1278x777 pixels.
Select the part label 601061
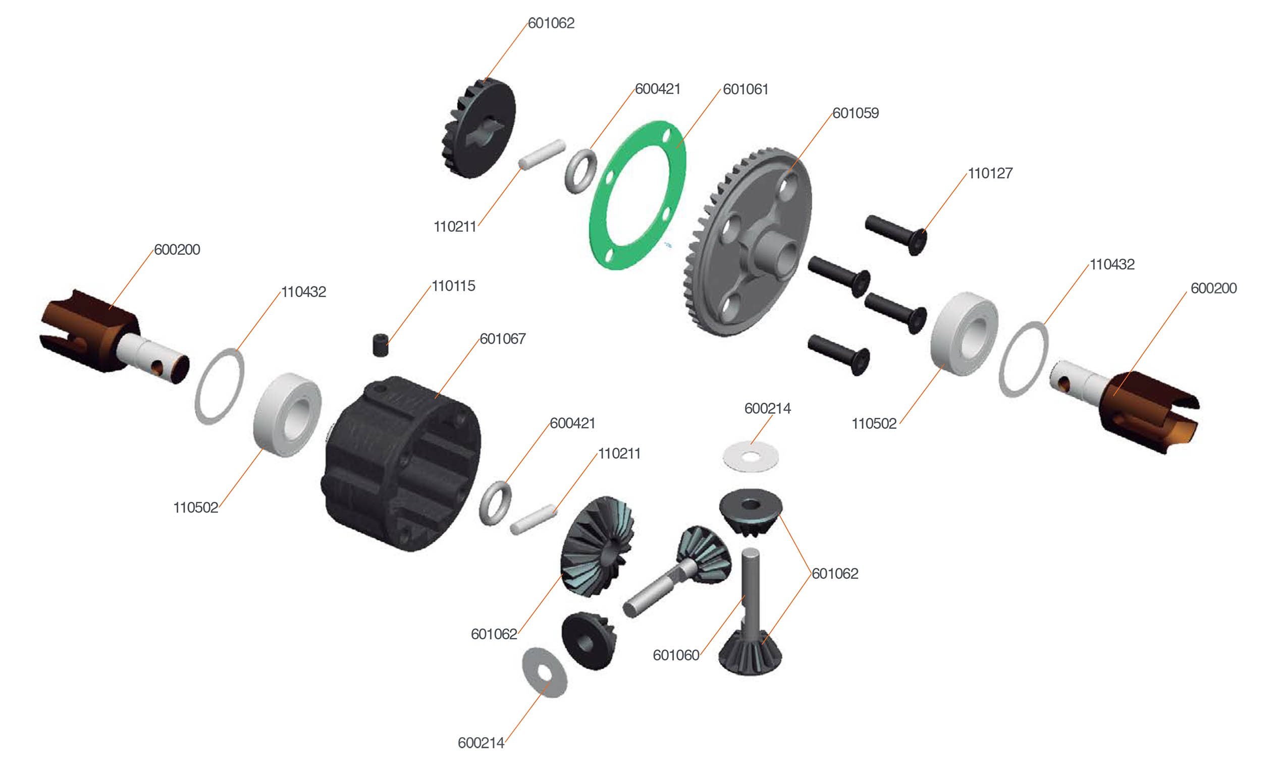[x=746, y=89]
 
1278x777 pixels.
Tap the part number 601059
[x=856, y=113]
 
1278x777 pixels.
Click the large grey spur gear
[x=749, y=242]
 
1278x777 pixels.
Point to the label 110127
[x=990, y=173]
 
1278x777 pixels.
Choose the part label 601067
[x=503, y=339]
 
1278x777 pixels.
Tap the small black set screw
[x=381, y=345]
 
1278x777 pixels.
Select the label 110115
[x=453, y=286]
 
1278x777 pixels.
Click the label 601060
[x=676, y=655]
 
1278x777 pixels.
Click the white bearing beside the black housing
[x=287, y=415]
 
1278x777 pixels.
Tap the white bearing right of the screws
[x=964, y=334]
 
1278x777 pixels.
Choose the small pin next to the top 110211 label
[x=542, y=154]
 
